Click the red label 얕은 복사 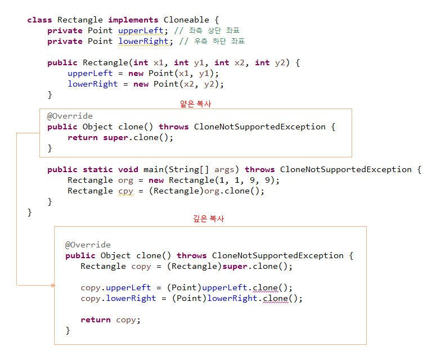point(195,104)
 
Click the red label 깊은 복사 point(209,218)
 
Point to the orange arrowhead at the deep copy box point(53,285)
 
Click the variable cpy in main point(126,191)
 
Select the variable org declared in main point(126,180)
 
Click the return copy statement point(110,319)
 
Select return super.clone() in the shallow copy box point(120,137)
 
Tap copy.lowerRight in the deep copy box point(118,298)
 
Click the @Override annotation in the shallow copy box point(70,116)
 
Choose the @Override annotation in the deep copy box point(88,245)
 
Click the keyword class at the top point(39,20)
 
